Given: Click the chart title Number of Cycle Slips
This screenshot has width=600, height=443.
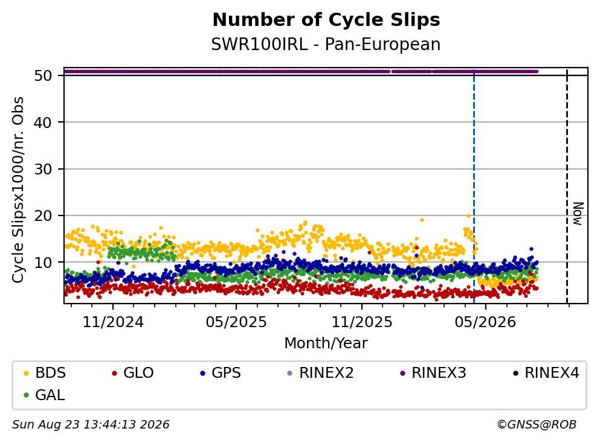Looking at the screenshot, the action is pos(326,20).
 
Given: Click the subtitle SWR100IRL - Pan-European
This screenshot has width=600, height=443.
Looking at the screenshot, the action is pos(326,44).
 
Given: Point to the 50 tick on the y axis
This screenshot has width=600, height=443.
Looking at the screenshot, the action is pos(43,75).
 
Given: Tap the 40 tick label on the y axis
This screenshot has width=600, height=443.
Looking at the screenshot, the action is pos(43,123).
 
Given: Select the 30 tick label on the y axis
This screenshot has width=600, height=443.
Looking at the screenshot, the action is pos(43,169).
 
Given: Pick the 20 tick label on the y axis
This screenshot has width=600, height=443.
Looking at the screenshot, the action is pos(43,215).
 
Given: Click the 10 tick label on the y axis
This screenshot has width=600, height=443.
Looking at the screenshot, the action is pos(43,262).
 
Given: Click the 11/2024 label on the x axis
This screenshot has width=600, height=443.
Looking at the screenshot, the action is pos(113,322).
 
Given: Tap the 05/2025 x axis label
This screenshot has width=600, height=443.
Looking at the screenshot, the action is pos(236,322).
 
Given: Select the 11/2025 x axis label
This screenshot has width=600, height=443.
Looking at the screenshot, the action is pos(361,322).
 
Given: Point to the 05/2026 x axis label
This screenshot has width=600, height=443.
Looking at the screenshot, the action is pos(485,322).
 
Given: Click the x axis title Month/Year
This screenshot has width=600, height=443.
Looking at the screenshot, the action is pos(326,343).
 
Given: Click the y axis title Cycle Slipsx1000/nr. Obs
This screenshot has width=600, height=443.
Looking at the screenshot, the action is pos(18,190).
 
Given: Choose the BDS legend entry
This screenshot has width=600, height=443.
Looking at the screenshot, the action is pos(45,372).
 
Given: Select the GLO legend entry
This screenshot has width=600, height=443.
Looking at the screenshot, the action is pos(132,372).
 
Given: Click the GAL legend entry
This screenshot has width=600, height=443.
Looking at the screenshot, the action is pos(44,395).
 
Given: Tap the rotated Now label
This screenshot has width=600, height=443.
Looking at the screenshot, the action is pos(578,214).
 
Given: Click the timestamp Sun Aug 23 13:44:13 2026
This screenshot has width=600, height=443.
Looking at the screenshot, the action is pos(91,425).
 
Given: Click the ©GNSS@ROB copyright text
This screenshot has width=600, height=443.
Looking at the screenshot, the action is pos(537,425).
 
